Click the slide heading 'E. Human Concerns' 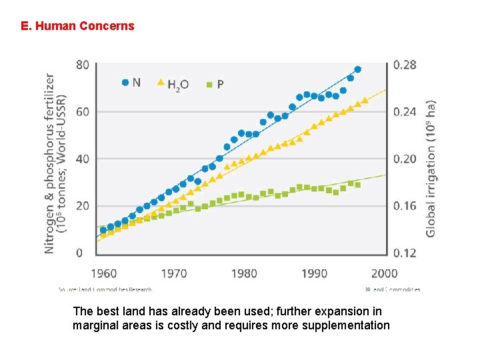77,27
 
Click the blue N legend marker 125,83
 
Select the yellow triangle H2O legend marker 160,83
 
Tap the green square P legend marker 209,85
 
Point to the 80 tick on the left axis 83,65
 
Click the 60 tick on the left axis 83,112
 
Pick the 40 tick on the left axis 83,159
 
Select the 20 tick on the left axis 83,206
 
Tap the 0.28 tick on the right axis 405,65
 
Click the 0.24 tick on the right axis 405,112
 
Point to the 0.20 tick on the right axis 405,159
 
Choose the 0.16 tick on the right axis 405,206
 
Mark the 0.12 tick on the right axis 405,253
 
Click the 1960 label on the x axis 103,273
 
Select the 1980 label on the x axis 245,273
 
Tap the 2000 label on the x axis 385,273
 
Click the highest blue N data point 357,69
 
